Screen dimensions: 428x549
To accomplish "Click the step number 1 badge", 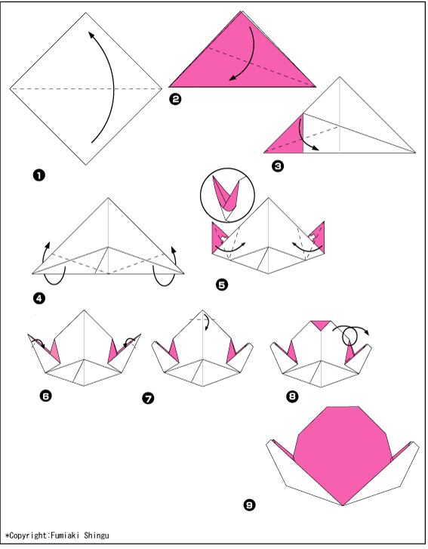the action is (x=39, y=175).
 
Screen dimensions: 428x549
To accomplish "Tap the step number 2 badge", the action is (x=175, y=100).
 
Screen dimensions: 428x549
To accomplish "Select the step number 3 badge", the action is (x=278, y=165).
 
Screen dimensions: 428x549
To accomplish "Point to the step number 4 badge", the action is (x=39, y=298).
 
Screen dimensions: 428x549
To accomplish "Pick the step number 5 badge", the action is (x=222, y=285).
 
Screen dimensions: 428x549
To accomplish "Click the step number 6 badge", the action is (x=46, y=396).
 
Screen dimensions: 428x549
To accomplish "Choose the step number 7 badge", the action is (x=149, y=399).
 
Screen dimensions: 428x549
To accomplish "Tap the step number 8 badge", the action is (x=293, y=396).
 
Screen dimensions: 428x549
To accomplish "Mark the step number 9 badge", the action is (x=249, y=505).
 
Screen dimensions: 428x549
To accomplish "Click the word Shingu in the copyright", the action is (x=96, y=535).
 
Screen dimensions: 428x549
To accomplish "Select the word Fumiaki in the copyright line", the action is (x=63, y=535).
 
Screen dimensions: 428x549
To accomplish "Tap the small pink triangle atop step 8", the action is (x=322, y=325).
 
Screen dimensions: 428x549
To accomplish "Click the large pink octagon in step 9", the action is (x=342, y=452).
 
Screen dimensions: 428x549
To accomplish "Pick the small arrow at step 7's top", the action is (x=206, y=321).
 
